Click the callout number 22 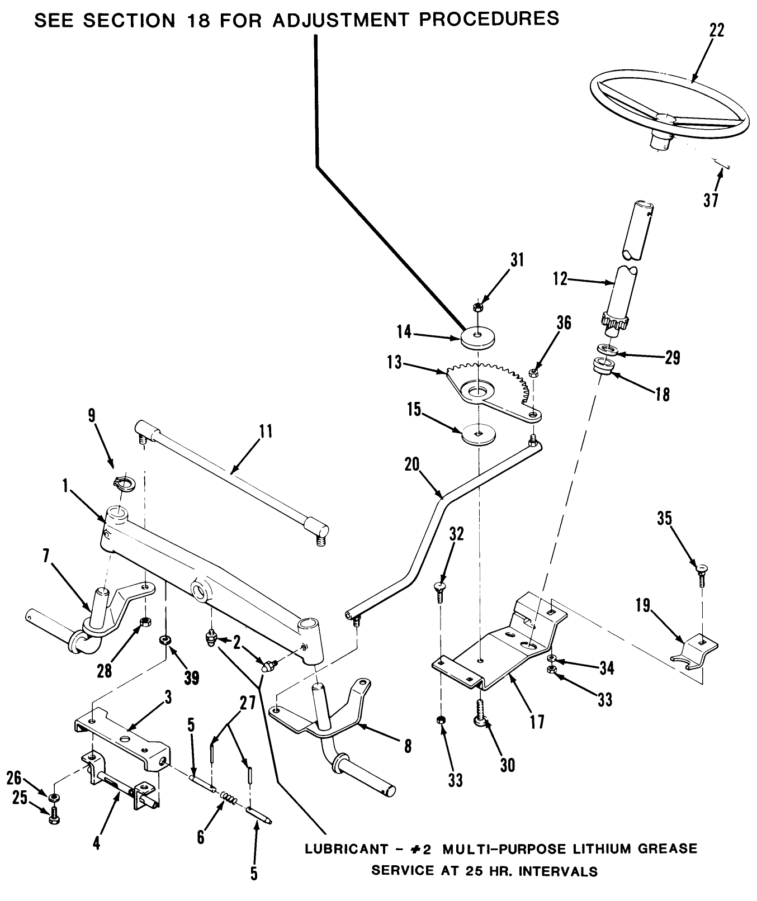click(716, 31)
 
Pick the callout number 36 click(564, 323)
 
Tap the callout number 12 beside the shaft click(560, 278)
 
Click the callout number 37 click(711, 200)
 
